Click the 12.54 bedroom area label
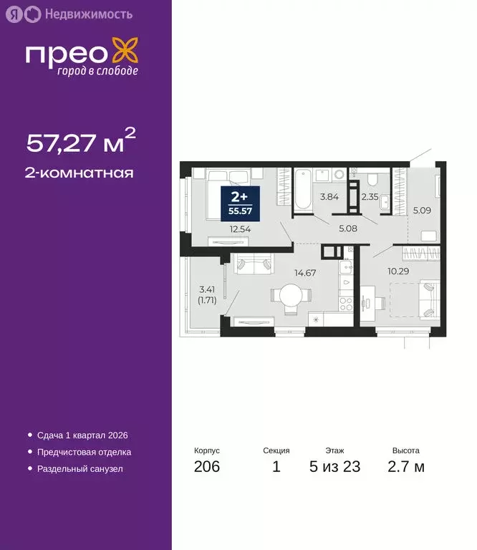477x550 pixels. click(240, 230)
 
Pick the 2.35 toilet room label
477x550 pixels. click(370, 196)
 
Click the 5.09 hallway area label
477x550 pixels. click(421, 211)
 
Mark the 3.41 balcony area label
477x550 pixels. click(208, 294)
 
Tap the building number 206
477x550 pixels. click(206, 468)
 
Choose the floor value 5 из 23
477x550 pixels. click(334, 468)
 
